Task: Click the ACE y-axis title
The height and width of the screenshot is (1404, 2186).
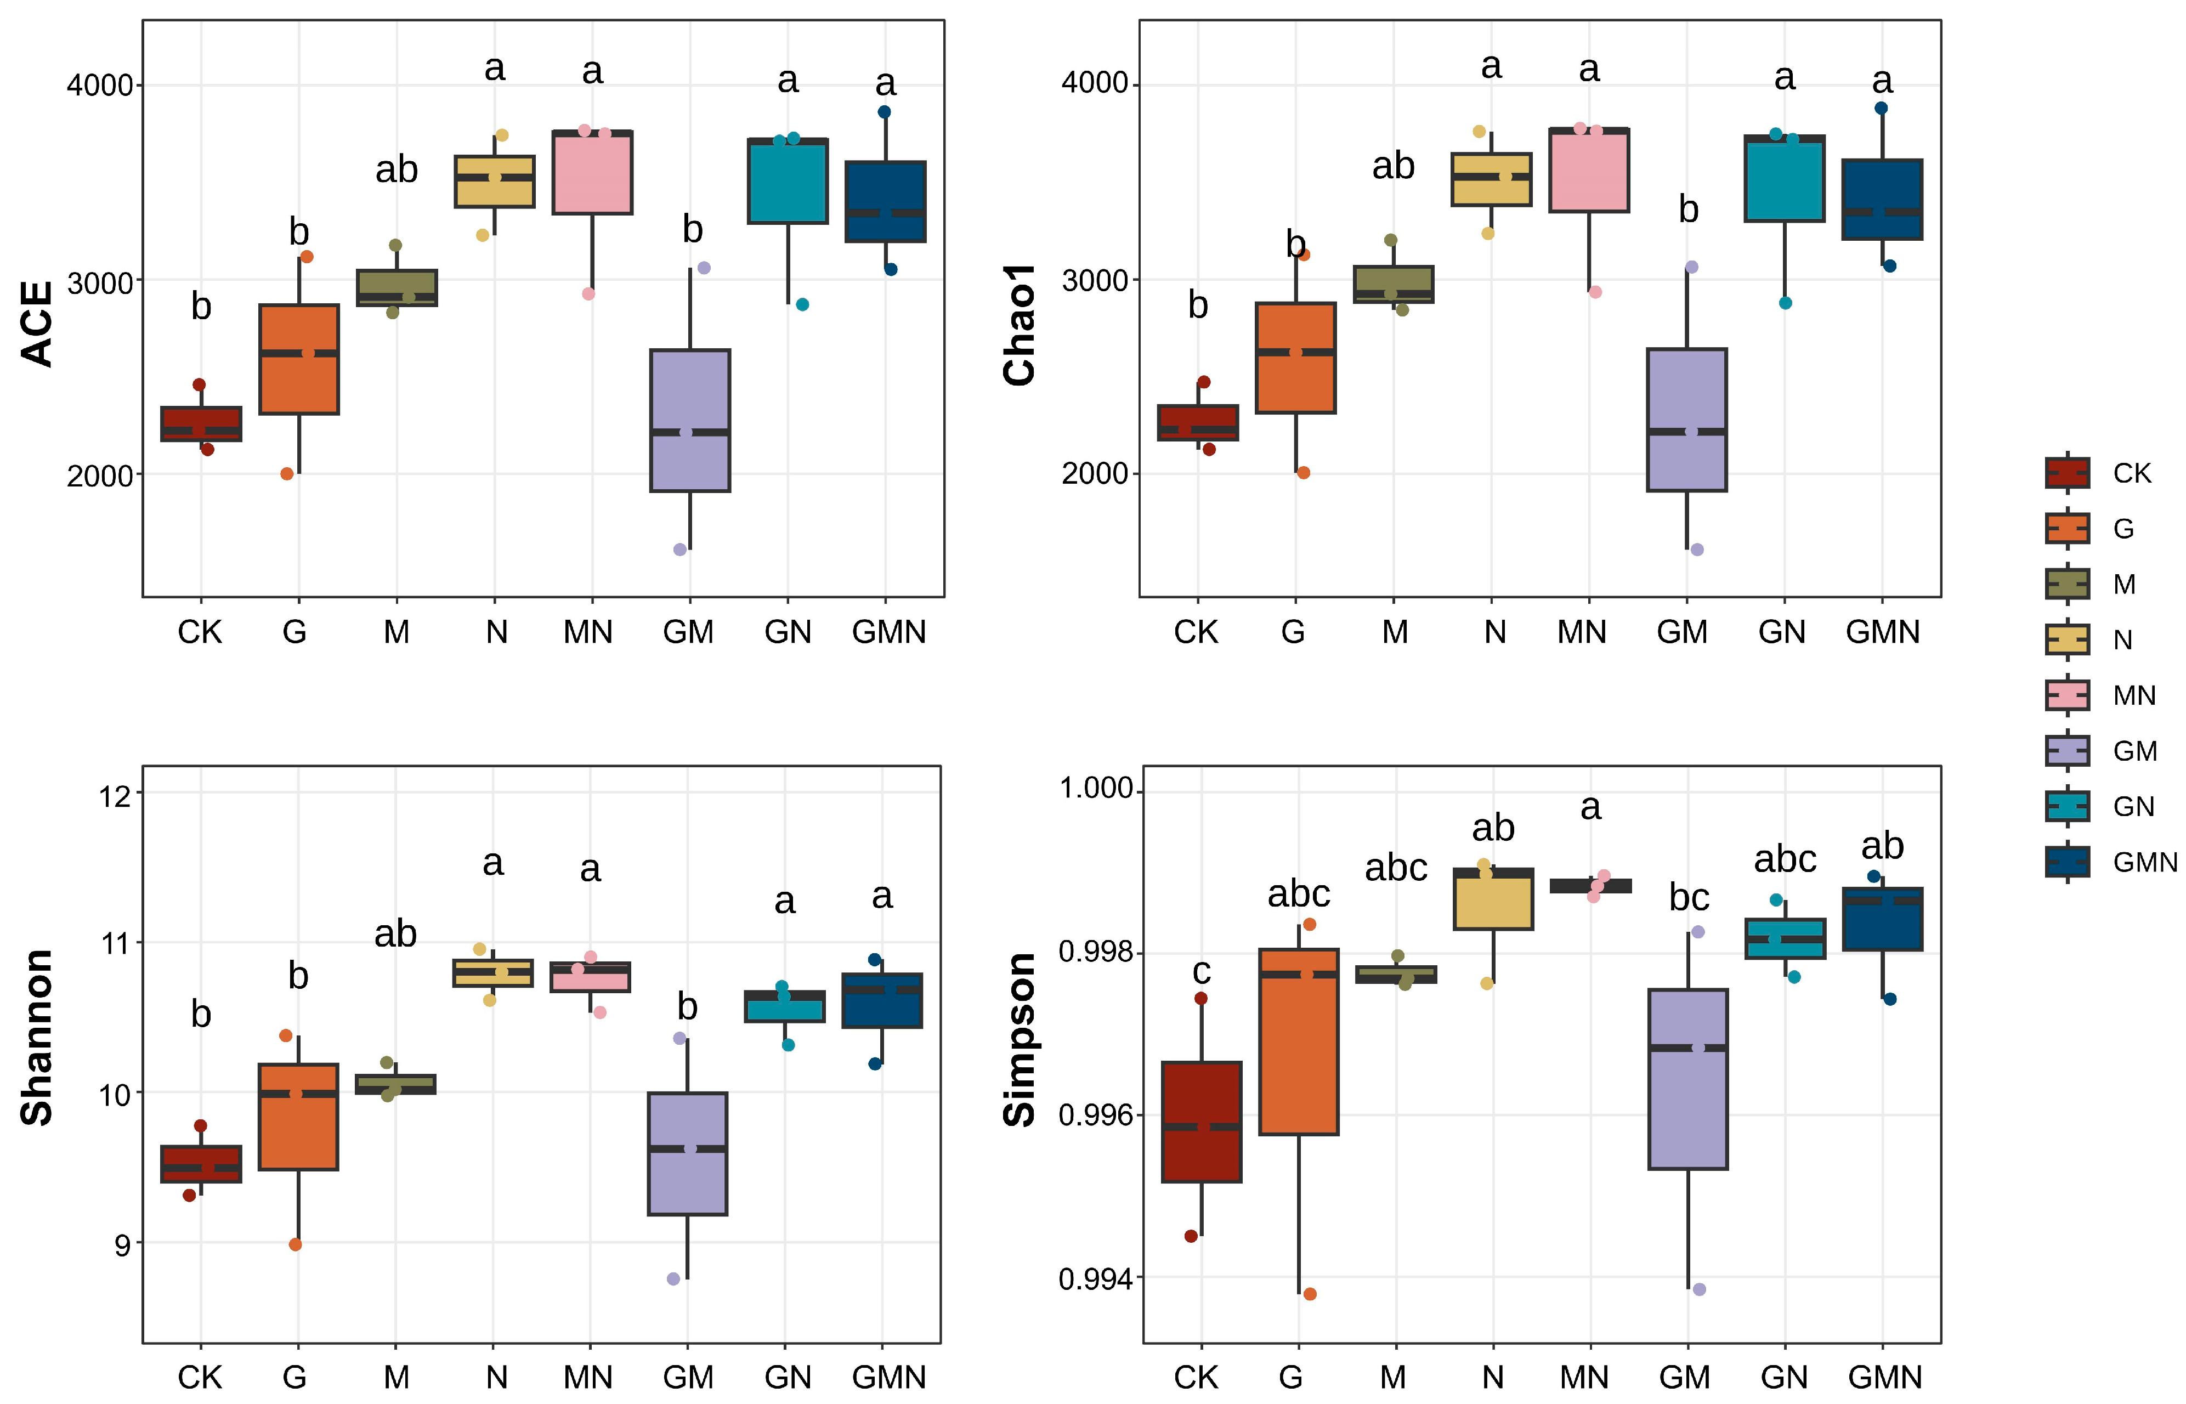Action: (x=38, y=324)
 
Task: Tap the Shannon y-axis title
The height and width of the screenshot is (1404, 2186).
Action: (x=38, y=1038)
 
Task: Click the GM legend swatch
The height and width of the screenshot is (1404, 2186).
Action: (x=2066, y=750)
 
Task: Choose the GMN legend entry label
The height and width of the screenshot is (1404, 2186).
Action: (x=2144, y=862)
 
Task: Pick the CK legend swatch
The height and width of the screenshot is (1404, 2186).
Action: (x=2066, y=472)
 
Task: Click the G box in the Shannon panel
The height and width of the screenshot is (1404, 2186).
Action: (x=298, y=1117)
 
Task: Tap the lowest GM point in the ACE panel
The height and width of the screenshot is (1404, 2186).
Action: (x=679, y=550)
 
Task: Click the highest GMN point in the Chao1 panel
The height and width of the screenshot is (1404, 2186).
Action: (x=1881, y=107)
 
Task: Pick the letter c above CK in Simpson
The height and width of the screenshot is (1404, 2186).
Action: (x=1202, y=971)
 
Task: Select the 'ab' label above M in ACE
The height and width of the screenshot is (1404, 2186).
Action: (x=397, y=169)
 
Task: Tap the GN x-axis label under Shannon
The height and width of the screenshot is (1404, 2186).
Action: (x=788, y=1375)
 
